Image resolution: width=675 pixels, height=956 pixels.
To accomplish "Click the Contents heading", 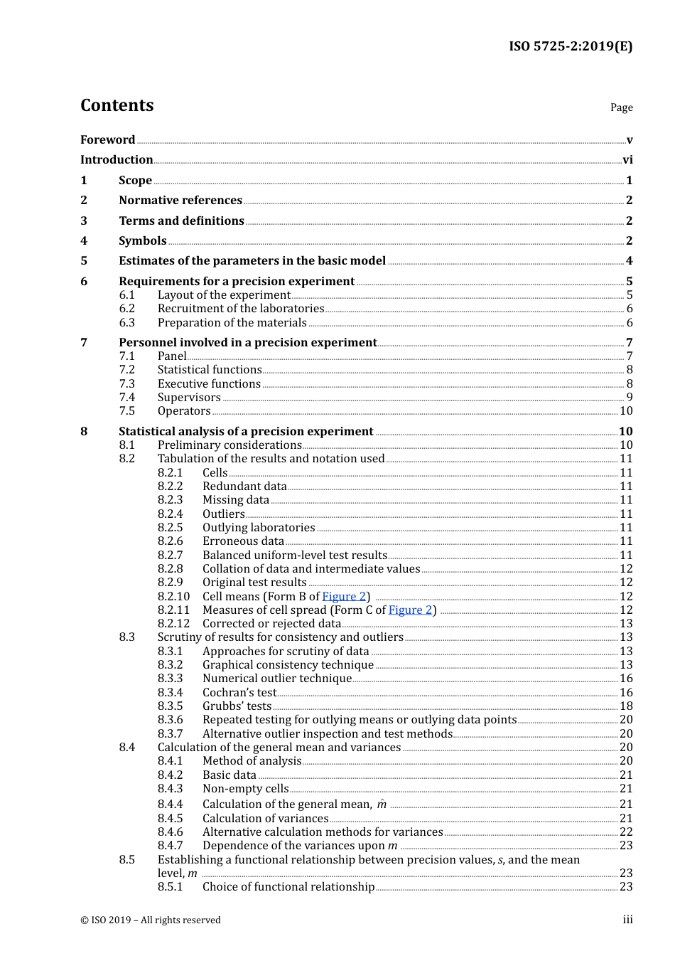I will [117, 105].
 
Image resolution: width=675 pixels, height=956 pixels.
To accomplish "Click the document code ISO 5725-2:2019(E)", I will [570, 46].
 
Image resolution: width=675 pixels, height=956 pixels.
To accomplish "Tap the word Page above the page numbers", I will [621, 107].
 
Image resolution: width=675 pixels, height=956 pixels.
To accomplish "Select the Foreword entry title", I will [107, 139].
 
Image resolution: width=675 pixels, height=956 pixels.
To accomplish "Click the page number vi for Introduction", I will [627, 160].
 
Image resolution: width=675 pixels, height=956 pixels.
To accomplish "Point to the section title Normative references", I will [180, 201].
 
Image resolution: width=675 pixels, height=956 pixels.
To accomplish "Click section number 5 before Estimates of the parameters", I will [84, 261].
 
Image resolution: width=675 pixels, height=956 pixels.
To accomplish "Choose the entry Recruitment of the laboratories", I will [241, 309].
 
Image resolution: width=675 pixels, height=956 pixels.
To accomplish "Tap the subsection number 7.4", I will [126, 398].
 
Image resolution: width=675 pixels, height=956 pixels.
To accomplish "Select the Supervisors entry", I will [189, 398].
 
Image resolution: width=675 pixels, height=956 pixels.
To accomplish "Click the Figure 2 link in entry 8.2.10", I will [344, 597].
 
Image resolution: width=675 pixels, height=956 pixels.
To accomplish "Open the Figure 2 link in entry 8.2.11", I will [410, 610].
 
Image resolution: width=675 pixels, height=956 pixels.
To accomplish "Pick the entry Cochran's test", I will [239, 693].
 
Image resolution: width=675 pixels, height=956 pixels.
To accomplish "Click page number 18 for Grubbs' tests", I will [626, 706].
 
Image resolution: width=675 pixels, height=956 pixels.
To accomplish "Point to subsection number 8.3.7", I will [170, 734].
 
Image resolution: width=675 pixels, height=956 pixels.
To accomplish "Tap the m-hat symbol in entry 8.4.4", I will [382, 804].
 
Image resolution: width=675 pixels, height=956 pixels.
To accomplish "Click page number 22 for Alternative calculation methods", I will [626, 832].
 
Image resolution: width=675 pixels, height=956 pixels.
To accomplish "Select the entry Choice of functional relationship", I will [288, 887].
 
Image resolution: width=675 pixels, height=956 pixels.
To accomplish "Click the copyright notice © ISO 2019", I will [151, 920].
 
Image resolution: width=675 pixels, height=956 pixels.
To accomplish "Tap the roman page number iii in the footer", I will [627, 920].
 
